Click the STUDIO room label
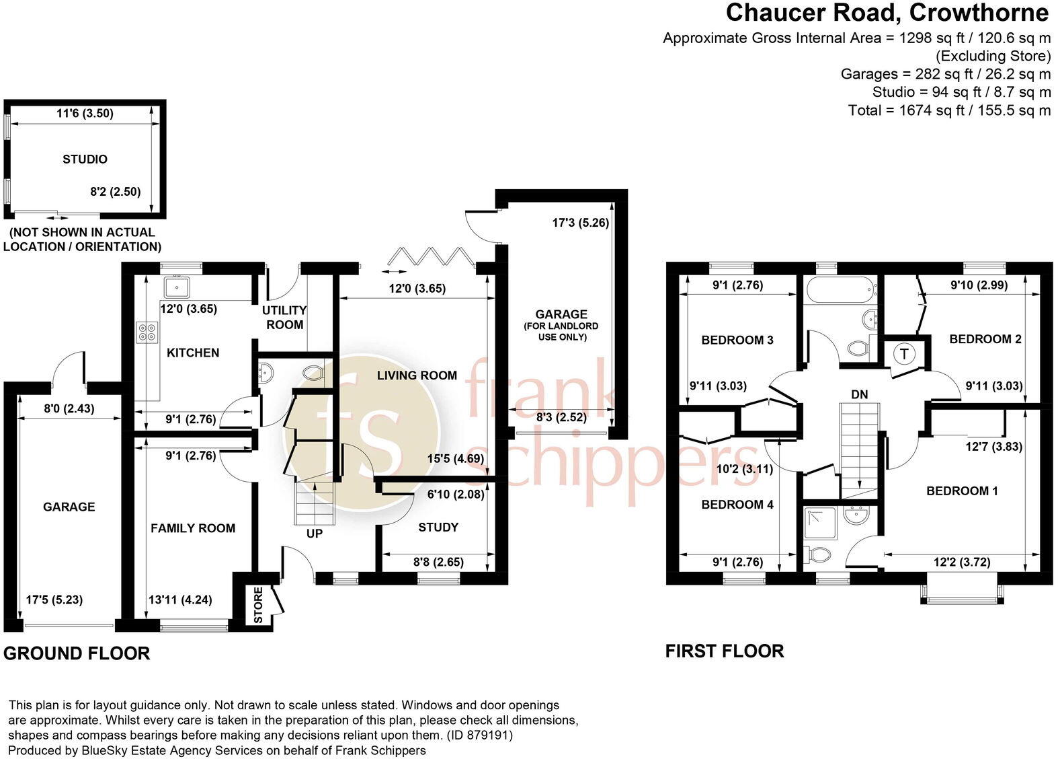point(85,159)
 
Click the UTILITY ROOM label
point(284,317)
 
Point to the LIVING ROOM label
point(417,375)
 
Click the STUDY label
point(438,527)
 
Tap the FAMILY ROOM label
point(193,528)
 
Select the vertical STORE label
point(259,605)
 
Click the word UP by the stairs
point(315,534)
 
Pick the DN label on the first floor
point(859,394)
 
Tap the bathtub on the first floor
point(840,291)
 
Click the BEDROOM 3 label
point(737,340)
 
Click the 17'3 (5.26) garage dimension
point(580,222)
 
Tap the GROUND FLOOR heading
point(77,653)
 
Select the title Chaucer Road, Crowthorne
point(887,12)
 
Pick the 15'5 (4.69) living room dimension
point(455,460)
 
